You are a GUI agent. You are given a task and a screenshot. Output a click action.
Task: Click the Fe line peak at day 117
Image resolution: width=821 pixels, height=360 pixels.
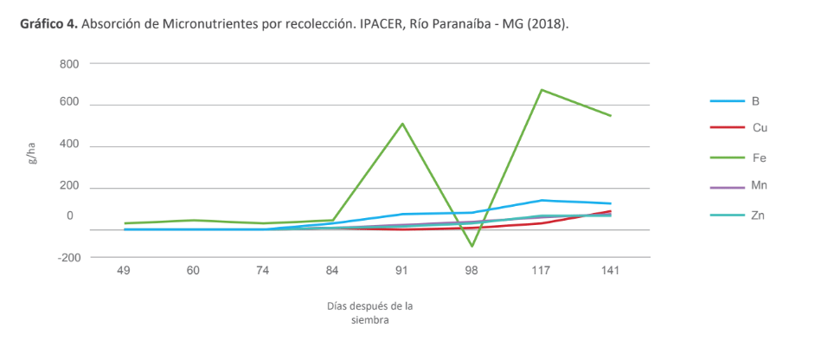[x=541, y=90]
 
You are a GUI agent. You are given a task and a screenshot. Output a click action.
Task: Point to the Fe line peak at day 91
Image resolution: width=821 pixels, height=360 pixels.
[x=402, y=124]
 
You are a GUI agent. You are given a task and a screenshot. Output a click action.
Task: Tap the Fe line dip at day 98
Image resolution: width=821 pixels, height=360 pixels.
[x=471, y=246]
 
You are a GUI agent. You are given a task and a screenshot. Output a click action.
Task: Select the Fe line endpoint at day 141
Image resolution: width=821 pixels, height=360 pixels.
[x=611, y=115]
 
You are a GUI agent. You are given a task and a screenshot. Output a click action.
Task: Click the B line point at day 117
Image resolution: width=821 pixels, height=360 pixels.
[x=541, y=200]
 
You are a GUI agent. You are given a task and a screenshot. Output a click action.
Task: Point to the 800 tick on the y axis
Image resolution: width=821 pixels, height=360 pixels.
[x=69, y=64]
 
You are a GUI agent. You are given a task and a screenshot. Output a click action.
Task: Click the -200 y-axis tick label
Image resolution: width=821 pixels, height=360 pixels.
[x=67, y=257]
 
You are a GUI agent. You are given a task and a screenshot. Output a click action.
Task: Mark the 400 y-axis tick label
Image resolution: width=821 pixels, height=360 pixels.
[x=69, y=145]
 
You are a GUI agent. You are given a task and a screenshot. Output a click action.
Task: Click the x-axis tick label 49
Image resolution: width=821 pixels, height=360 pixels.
[x=124, y=271]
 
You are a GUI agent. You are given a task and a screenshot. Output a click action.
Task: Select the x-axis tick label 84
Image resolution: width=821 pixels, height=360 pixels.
[x=333, y=271]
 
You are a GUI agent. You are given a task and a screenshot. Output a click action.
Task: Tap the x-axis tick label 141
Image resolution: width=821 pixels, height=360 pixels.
[x=611, y=271]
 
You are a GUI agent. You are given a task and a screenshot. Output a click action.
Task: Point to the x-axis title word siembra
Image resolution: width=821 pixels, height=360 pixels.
[x=369, y=319]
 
